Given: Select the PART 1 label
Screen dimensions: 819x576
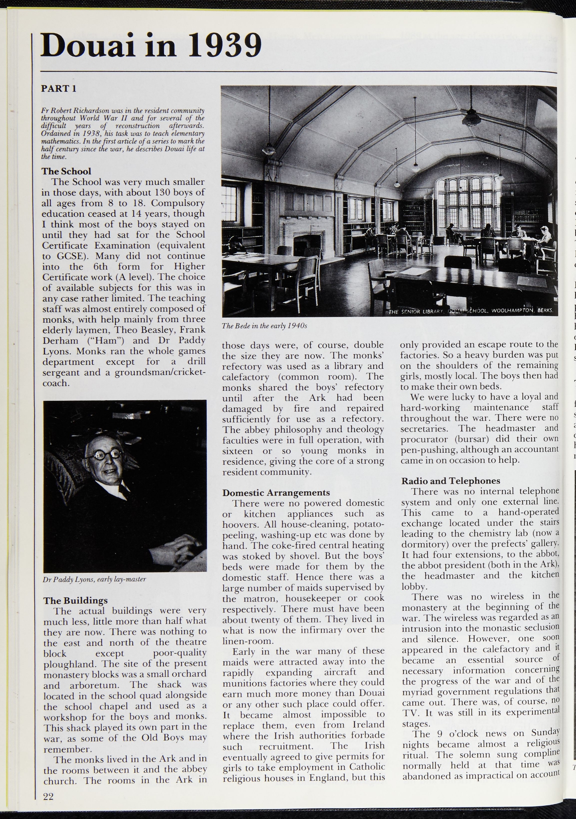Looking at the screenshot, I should coord(58,89).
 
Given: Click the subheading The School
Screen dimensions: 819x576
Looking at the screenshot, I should coord(66,171).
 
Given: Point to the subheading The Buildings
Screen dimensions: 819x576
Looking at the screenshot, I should coord(76,600).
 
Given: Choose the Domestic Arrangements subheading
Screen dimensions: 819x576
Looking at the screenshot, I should coord(276,492).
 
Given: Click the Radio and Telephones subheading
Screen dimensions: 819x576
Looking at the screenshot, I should coord(451,481).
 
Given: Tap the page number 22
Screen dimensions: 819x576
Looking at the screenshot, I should coord(48,796).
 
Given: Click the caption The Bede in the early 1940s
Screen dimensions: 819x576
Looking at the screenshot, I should coord(264,326).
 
